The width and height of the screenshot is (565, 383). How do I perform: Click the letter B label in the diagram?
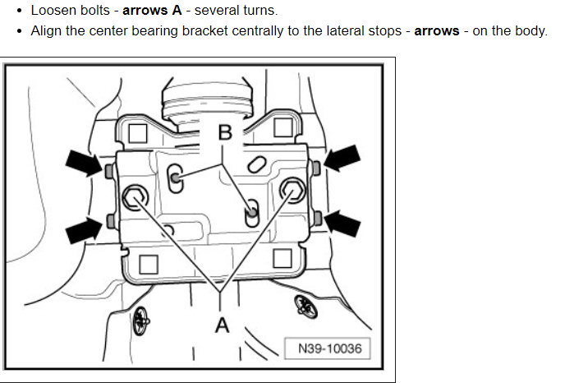[225, 132]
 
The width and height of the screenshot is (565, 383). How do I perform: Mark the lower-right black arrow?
[342, 221]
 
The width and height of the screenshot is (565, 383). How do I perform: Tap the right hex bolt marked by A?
[291, 190]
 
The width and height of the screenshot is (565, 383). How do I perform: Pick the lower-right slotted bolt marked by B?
[253, 214]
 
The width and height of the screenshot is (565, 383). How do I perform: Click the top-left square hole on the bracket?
[139, 132]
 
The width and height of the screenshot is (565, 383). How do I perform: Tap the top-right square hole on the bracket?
[283, 127]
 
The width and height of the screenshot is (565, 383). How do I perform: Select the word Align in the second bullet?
[46, 31]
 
